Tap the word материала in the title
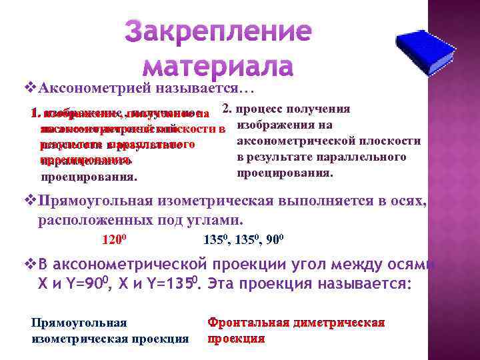(219, 66)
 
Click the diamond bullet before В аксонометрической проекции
(27, 265)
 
